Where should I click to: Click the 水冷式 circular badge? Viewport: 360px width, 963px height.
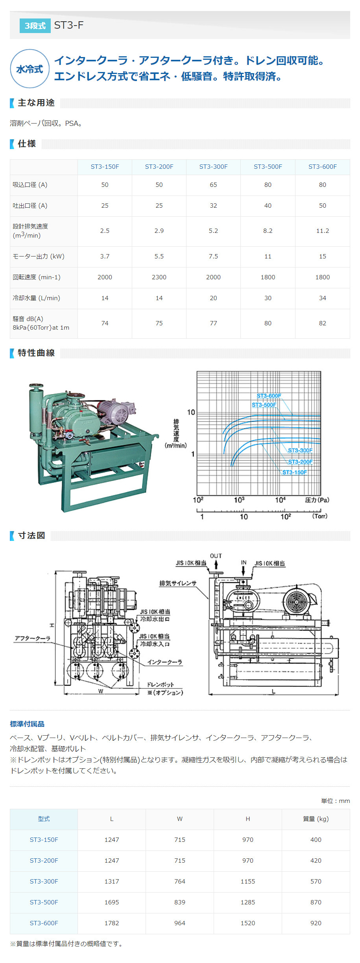(x=30, y=69)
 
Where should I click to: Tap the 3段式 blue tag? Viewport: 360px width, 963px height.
(x=35, y=26)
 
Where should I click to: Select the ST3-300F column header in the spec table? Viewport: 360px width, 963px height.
(x=213, y=167)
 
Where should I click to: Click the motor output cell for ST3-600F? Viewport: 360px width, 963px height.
(x=322, y=256)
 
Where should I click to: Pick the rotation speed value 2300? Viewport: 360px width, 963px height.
(x=159, y=277)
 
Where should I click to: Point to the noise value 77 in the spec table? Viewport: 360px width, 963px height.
(x=213, y=323)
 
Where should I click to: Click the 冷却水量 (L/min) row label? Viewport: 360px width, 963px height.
(x=37, y=298)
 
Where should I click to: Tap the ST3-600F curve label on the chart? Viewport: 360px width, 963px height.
(x=269, y=396)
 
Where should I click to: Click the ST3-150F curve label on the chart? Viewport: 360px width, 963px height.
(x=294, y=472)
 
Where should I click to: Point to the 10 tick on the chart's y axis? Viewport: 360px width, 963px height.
(x=191, y=412)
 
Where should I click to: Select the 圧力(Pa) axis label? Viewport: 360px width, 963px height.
(x=317, y=500)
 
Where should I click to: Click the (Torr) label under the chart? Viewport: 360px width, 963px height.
(x=319, y=516)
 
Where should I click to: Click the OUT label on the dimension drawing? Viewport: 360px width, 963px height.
(x=216, y=556)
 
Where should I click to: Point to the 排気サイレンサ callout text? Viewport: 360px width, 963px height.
(x=177, y=583)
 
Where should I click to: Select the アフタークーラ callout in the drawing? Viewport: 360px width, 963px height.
(x=33, y=638)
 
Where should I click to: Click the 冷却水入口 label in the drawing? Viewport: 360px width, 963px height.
(x=155, y=644)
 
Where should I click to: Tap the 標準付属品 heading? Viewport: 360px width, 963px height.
(x=27, y=724)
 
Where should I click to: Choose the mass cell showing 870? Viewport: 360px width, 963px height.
(x=316, y=902)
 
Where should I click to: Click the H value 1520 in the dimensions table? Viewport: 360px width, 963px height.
(x=247, y=923)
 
